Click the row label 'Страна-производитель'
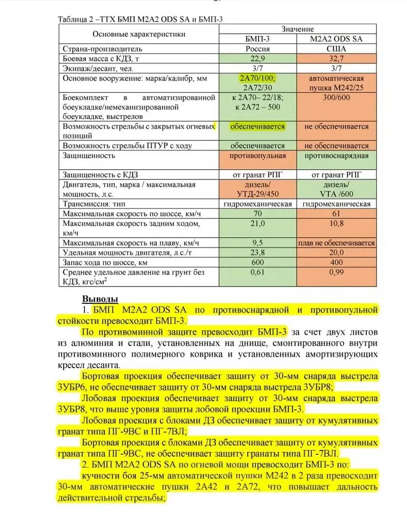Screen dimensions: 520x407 pos(101,49)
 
